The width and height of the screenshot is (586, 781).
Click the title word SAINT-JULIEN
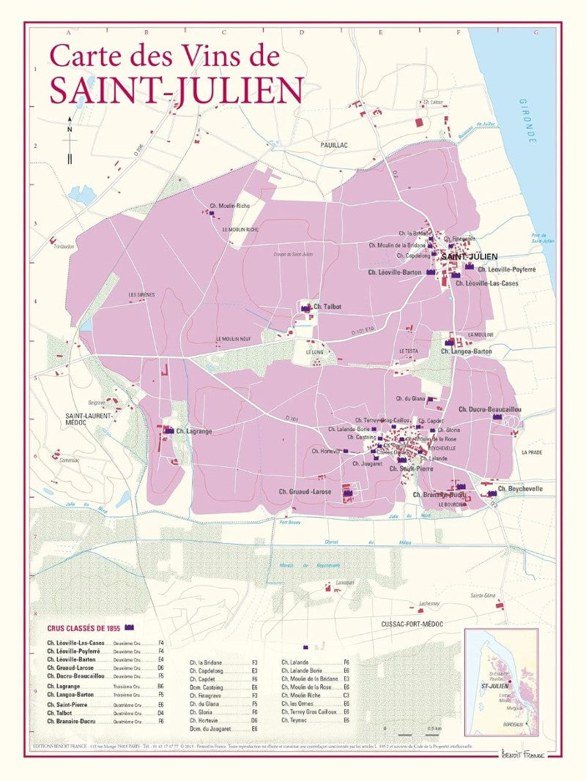[x=177, y=90]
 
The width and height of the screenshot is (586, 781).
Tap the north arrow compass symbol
[x=70, y=140]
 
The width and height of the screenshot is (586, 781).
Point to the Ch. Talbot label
[x=327, y=307]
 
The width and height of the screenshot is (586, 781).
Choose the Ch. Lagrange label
[x=193, y=431]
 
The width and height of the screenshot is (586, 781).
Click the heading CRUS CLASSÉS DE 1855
[x=84, y=628]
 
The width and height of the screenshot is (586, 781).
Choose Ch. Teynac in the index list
[x=294, y=720]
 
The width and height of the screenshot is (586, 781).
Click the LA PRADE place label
[x=532, y=452]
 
